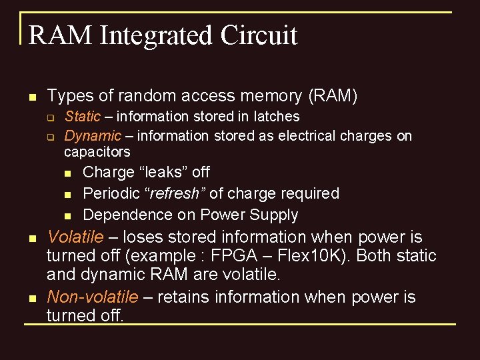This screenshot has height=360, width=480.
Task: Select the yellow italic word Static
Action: (82, 117)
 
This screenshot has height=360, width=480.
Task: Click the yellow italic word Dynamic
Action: (93, 136)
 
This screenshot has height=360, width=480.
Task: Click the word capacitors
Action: (97, 152)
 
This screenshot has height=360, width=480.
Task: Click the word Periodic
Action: (111, 193)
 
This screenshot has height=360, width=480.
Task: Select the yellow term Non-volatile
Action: (93, 297)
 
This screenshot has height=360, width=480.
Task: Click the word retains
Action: (187, 297)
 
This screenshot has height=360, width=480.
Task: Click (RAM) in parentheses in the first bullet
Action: (333, 96)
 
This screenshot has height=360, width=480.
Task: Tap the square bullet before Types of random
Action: (31, 97)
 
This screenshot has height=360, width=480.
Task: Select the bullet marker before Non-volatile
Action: (31, 298)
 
